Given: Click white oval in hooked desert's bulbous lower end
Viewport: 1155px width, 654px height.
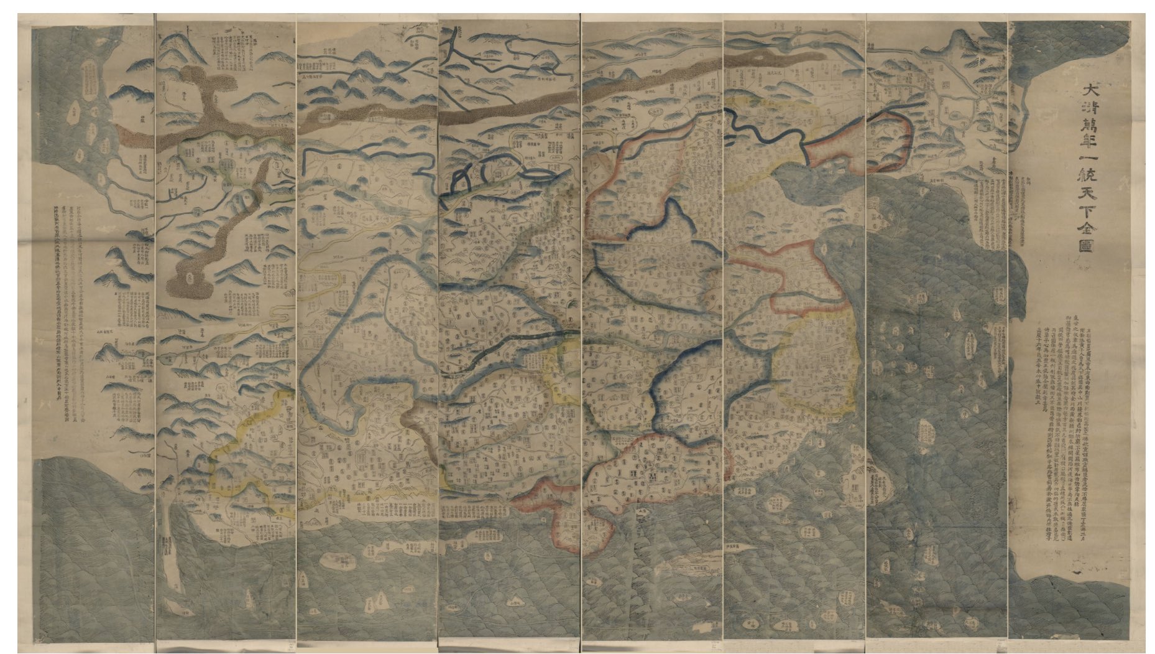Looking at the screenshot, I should [191, 278].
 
